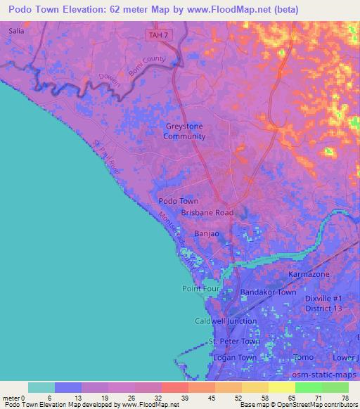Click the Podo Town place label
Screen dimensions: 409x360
coord(178,200)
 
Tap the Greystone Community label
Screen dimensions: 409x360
coord(184,131)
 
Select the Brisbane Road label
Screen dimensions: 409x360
coord(207,212)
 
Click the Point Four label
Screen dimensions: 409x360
coord(201,289)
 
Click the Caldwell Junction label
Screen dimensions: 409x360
coord(225,321)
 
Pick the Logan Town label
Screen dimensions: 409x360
coord(233,358)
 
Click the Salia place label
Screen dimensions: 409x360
coord(15,32)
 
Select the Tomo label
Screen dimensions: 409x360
coord(304,358)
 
